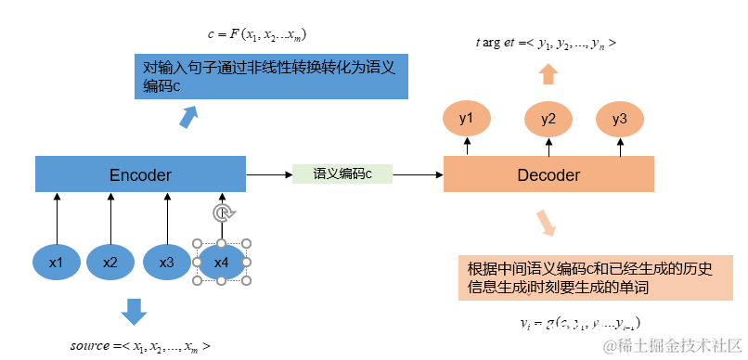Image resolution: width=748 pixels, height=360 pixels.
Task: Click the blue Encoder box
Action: [140, 174]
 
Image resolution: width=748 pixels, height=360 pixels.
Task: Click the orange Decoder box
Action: [548, 174]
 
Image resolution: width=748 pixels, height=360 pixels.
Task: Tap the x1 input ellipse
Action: [57, 263]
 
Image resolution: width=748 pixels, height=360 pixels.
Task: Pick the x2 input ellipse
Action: [111, 263]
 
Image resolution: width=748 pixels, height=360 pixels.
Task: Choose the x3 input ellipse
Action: [167, 263]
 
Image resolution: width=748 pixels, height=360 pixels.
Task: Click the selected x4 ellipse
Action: [221, 263]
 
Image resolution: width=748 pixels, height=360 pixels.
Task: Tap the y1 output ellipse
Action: [467, 119]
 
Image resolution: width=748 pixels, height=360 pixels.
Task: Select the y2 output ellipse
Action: [548, 119]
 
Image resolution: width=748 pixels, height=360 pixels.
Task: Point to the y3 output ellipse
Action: [619, 119]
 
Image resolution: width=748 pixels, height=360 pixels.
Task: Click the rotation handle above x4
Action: [221, 213]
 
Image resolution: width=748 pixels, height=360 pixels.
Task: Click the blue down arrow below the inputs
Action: [135, 312]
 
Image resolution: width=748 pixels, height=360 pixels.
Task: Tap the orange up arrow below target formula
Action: [548, 74]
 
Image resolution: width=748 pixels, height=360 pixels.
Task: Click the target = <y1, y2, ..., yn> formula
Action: [545, 43]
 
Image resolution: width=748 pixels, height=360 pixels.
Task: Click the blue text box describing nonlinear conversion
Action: [269, 77]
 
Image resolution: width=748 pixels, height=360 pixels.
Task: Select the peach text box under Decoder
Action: [592, 278]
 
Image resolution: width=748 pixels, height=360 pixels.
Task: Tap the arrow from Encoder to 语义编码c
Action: [269, 174]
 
